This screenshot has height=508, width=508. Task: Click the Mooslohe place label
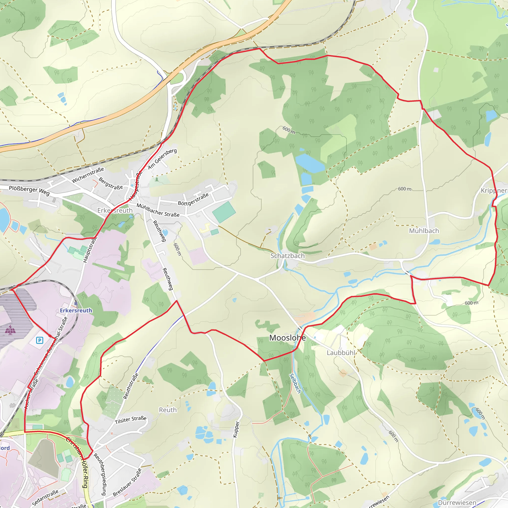(x=287, y=338)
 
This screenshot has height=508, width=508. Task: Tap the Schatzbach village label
(x=287, y=256)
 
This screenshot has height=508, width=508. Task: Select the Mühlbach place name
(x=424, y=231)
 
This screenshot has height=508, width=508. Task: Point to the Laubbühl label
(x=341, y=353)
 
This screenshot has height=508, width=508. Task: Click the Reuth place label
(x=168, y=410)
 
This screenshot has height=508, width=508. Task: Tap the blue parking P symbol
(x=39, y=341)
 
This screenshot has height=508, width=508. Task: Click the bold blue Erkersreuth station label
(x=76, y=311)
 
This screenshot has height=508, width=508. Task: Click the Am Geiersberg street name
(x=162, y=159)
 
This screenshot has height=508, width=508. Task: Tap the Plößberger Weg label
(x=29, y=190)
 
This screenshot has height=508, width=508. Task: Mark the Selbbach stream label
(x=295, y=384)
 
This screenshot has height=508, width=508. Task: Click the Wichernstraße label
(x=88, y=175)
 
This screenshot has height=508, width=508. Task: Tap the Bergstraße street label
(x=111, y=183)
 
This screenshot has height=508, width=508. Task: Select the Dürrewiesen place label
(x=457, y=503)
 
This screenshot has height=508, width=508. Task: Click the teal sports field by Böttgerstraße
(x=224, y=212)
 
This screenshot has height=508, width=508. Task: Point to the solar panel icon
(x=10, y=329)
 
